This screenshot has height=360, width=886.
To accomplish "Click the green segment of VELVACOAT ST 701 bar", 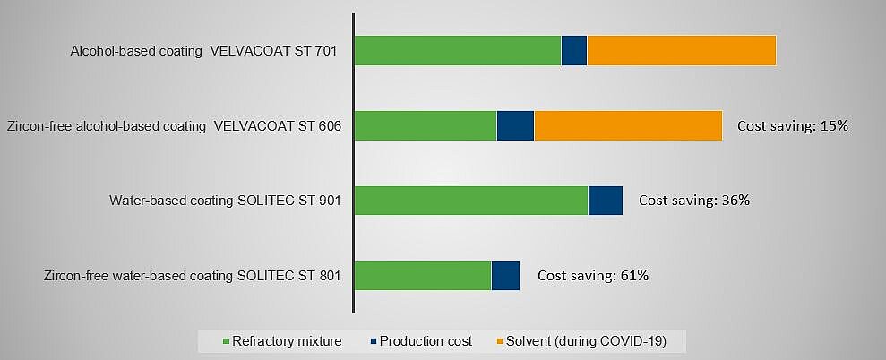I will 458,50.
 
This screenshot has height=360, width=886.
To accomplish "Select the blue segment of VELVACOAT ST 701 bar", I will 573,50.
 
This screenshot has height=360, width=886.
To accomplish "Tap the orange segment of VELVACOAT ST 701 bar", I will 681,50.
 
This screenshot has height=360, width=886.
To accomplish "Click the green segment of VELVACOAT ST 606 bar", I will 426,125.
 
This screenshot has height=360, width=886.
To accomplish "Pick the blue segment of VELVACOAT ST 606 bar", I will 515,125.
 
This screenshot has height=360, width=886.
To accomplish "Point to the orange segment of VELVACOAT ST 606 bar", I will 628,125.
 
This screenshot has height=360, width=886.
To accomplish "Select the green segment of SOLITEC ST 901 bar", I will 471,201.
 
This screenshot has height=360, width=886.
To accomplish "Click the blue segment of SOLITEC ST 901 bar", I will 605,201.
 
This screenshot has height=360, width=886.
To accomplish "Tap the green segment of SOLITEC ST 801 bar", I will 423,276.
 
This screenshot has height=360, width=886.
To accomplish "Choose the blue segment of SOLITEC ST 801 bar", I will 505,276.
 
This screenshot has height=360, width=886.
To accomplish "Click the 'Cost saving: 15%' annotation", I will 792,126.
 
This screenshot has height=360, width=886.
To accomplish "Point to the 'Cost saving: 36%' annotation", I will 693,201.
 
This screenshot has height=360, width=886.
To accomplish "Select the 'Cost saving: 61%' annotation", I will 592,276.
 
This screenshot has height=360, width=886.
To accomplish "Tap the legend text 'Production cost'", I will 426,341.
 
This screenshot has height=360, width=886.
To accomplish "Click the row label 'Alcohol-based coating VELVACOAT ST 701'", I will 203,51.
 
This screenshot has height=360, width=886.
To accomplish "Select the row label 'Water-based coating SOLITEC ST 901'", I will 226,201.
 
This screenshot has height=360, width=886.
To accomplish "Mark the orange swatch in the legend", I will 499,341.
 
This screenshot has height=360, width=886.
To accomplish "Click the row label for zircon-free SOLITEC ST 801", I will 192,276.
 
